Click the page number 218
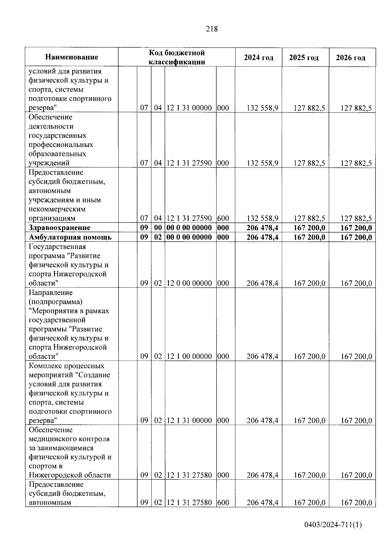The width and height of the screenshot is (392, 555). (212, 29)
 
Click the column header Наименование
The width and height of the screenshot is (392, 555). (72, 57)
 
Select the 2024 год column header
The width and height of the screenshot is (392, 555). (258, 58)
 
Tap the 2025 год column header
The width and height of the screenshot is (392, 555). (303, 58)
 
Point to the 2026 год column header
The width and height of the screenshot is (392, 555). (351, 58)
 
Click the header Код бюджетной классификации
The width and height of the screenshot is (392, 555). (177, 57)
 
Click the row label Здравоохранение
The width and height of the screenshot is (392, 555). (59, 228)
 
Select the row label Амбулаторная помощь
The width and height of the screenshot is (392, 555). (70, 237)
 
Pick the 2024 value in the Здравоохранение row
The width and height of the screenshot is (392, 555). (262, 228)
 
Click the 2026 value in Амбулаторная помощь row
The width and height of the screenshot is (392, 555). (356, 237)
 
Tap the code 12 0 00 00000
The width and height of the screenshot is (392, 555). (189, 283)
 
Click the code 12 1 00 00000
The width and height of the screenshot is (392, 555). (189, 356)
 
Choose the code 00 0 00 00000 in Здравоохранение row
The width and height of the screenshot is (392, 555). (189, 228)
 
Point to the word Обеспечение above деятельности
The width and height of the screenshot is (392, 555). (50, 117)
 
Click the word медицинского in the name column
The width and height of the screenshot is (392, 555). (53, 439)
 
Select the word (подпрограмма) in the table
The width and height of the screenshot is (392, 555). (56, 302)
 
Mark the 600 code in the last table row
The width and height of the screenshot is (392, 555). (223, 503)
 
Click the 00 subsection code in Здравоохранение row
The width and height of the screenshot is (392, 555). (158, 228)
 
